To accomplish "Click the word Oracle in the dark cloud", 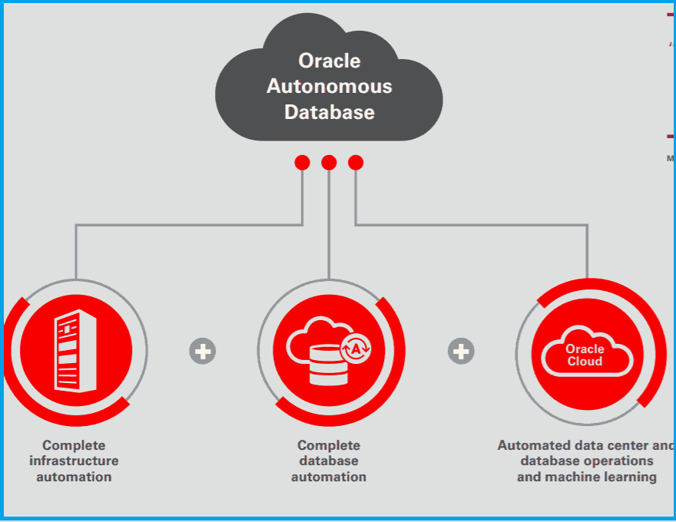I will pos(329,61).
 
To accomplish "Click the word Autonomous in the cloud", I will pos(329,86).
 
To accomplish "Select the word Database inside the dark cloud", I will pos(329,112).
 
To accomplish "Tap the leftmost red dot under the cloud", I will pos(302,163).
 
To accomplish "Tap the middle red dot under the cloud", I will pos(329,163).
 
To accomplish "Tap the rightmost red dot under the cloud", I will pos(356,163).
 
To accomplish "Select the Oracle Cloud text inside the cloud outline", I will pos(585,355).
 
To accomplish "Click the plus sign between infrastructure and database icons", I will pos(203,352).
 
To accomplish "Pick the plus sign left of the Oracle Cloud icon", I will pos(461,352).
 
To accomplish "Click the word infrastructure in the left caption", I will pos(74,461).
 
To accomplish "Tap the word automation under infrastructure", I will pos(74,477).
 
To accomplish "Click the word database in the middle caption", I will pos(329,461).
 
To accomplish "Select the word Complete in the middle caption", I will pos(329,445).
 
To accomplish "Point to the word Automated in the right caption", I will pos(532,445).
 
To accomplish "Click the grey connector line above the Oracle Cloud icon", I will pos(588,253).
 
